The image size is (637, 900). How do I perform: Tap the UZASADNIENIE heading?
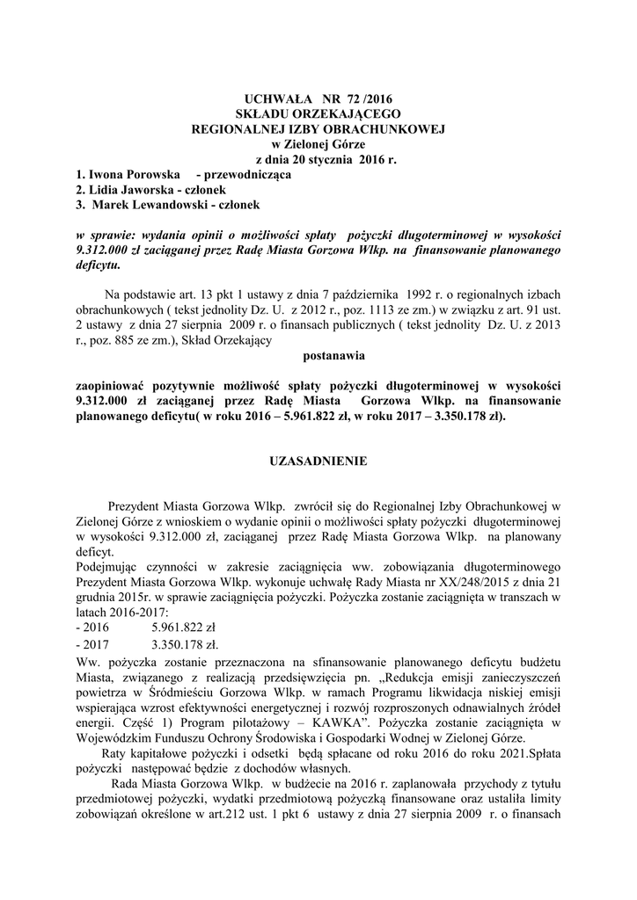click(x=318, y=460)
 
